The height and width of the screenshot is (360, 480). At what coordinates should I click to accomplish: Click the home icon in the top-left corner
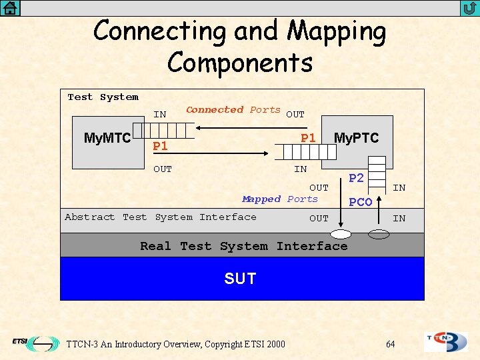10,8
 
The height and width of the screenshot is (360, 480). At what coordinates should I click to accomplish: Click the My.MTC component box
107,138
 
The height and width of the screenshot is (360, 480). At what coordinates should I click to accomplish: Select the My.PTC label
356,138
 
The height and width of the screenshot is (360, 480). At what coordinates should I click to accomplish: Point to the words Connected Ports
233,110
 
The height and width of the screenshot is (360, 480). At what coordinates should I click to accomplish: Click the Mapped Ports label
280,199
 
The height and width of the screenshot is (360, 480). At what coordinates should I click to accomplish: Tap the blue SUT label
240,278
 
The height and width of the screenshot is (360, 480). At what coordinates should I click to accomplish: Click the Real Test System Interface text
243,246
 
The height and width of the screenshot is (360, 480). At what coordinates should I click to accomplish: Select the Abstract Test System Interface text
160,217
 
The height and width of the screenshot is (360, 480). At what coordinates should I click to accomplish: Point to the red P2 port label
357,178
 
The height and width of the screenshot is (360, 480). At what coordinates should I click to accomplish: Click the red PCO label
360,202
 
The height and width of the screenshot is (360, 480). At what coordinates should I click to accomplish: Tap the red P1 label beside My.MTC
160,146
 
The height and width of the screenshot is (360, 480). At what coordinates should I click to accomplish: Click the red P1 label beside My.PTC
308,138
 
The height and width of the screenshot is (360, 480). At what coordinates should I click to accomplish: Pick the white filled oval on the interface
342,234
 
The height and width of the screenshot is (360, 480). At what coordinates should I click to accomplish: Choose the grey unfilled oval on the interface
379,234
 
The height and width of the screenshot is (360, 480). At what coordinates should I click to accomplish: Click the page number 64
390,344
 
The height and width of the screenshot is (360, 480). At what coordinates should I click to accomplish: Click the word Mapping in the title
337,31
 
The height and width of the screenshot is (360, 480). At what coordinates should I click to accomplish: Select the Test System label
103,97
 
